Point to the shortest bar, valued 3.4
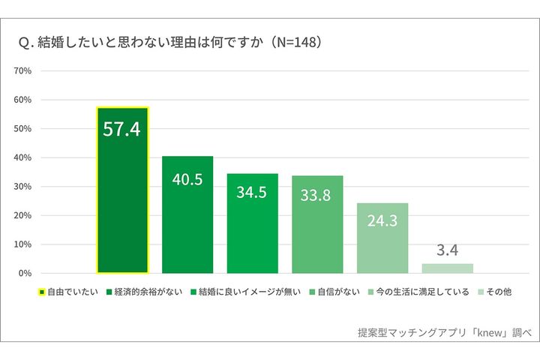(447, 268)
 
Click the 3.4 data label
(447, 250)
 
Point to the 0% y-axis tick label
(24, 274)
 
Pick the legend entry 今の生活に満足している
(417, 292)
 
